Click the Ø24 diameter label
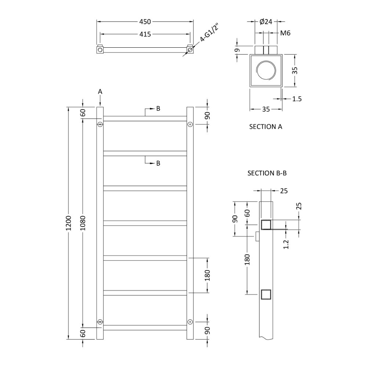(266, 22)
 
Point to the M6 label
(286, 33)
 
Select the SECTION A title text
(266, 127)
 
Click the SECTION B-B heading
(266, 173)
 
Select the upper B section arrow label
(158, 109)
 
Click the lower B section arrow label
(158, 164)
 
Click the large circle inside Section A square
(266, 71)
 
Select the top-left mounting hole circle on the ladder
(100, 125)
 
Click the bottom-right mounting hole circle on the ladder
(190, 322)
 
